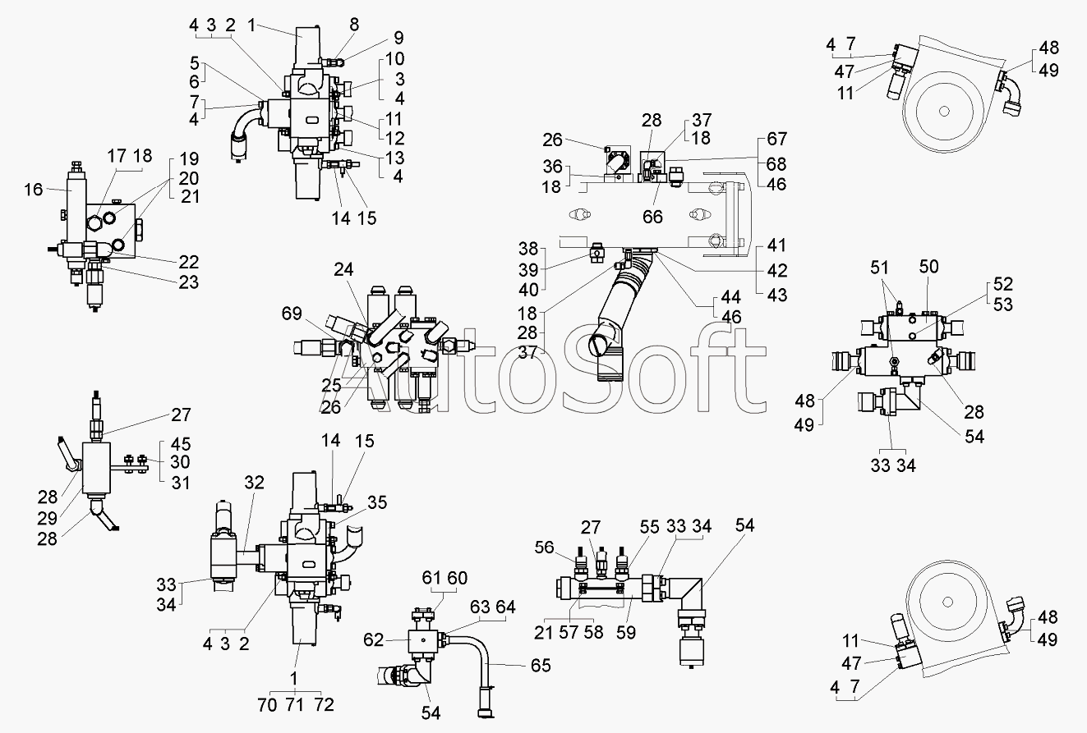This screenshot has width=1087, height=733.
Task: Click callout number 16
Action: coord(34,190)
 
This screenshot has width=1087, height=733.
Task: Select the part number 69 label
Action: coord(292,314)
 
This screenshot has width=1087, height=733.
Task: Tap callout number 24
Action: coord(343,269)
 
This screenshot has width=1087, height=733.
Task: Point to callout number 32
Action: coord(254,483)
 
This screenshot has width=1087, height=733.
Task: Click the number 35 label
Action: coord(377,502)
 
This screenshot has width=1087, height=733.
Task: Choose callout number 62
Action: coord(373,640)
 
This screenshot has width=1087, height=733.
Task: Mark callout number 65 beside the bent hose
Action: coord(541,666)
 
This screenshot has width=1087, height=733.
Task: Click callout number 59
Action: coord(626,632)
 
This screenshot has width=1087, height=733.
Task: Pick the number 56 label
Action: coord(544,547)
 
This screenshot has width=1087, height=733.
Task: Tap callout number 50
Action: coord(928,267)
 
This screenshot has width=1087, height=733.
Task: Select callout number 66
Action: coord(652,217)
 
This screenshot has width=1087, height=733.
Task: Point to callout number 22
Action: coord(189,263)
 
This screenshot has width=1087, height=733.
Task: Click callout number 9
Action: coord(398,38)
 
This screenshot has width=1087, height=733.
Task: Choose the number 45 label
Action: coord(181,444)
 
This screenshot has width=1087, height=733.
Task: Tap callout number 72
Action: coord(325,705)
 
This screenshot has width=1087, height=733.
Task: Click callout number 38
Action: coord(528,249)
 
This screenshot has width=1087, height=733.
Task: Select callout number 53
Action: coord(1003,305)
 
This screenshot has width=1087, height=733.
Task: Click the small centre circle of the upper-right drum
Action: coord(944,112)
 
